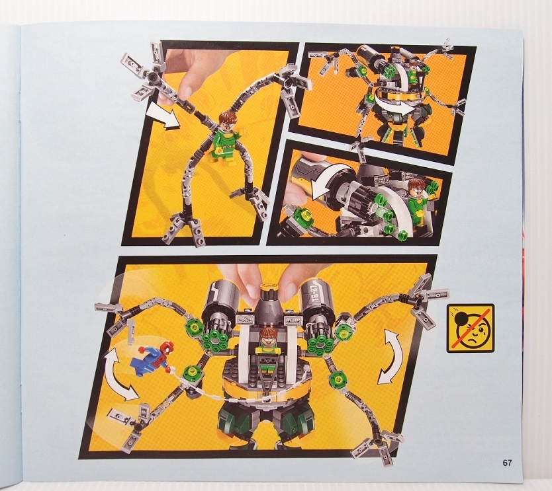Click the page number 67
coord(507,463)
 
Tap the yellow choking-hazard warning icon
coord(471,328)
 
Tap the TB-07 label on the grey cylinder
coord(314,294)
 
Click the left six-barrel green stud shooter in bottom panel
coord(214,339)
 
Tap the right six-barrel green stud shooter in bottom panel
coord(320,339)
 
